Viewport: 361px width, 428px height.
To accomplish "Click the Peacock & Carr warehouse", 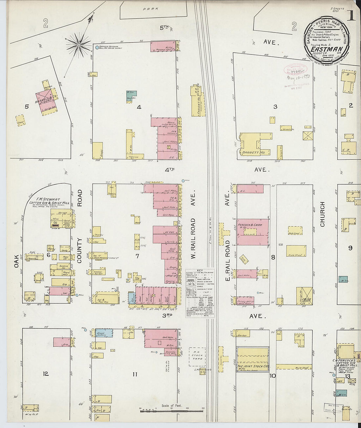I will [252, 232].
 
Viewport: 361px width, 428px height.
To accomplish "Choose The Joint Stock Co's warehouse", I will [252, 359].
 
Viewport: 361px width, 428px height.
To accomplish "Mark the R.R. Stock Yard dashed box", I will [197, 357].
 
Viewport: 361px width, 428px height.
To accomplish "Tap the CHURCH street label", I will [322, 214].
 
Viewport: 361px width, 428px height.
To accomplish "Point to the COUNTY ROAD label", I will [79, 226].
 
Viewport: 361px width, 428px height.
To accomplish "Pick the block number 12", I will [46, 374].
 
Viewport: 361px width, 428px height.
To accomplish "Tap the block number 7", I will [137, 256].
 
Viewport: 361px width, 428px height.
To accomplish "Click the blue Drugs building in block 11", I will [104, 333].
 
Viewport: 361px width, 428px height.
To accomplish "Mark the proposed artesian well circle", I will [97, 48].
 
